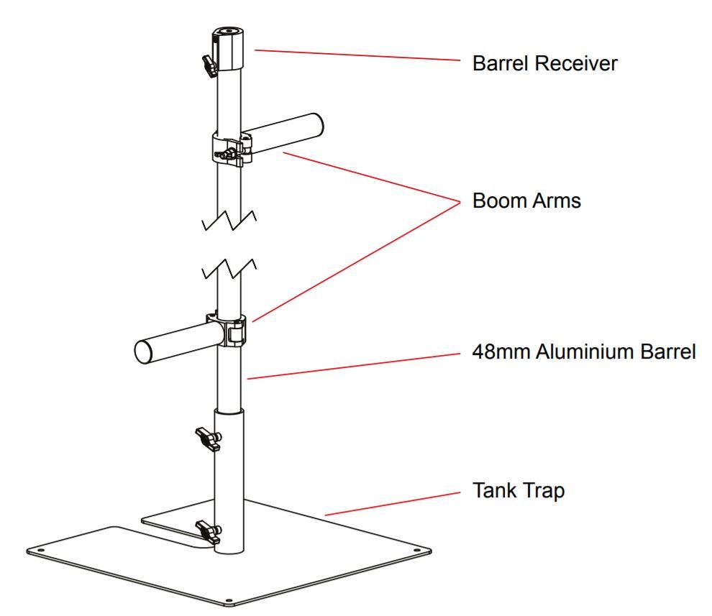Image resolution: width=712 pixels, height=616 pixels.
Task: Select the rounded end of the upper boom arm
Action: click(x=314, y=122)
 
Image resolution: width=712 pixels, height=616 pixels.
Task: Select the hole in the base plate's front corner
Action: click(x=229, y=599)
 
